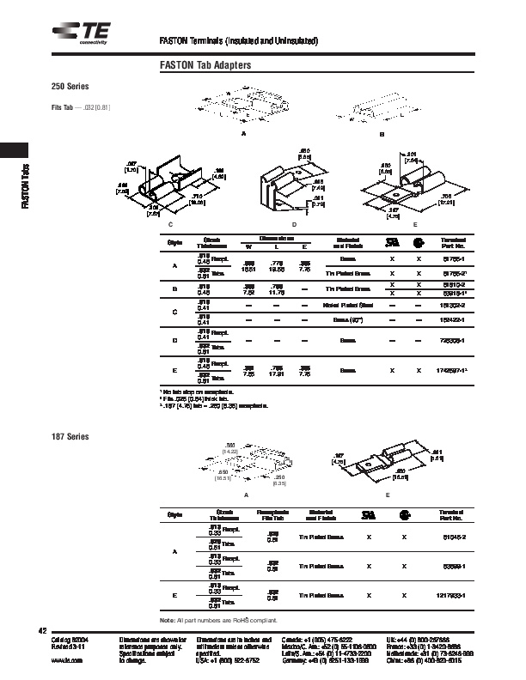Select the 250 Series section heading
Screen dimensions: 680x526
(70, 88)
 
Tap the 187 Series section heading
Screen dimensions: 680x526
(70, 436)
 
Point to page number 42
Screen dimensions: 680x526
(40, 631)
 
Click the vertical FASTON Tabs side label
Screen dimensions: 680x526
(27, 185)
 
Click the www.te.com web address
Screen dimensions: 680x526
(67, 660)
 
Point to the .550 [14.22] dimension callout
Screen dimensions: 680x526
(230, 447)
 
